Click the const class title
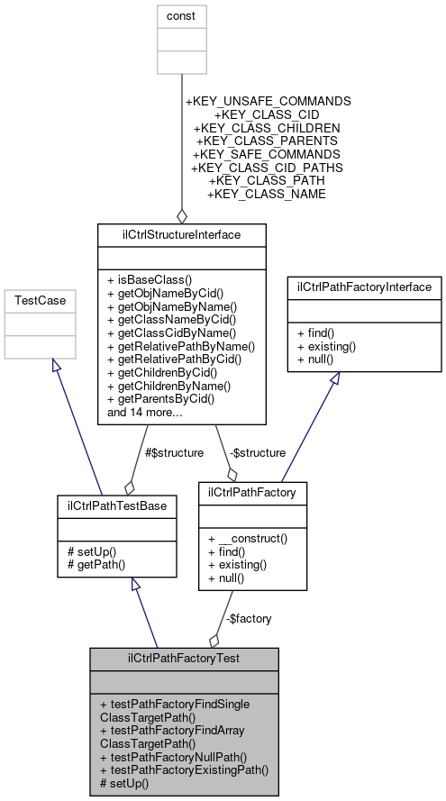point(182,15)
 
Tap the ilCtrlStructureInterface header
point(182,234)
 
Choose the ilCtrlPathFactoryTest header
point(183,659)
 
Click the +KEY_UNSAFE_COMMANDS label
point(268,102)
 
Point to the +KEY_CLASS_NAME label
point(267,194)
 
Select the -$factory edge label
point(248,618)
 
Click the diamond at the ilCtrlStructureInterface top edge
point(182,216)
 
